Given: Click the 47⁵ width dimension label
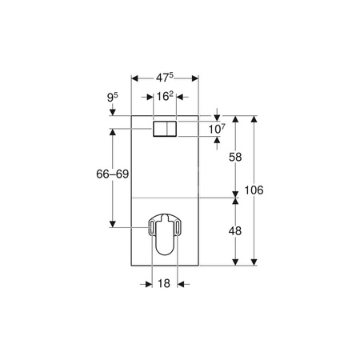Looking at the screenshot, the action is click(x=165, y=77).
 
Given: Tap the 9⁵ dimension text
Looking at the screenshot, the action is click(x=112, y=98).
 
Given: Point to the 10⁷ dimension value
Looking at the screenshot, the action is click(x=217, y=129).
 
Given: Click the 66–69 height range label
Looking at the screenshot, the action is click(x=112, y=174).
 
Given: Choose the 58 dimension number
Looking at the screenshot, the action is click(x=235, y=157).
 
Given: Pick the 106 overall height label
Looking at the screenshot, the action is click(x=254, y=190).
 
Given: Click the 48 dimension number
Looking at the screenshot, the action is click(x=235, y=231).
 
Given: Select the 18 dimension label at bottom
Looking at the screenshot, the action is click(x=164, y=283).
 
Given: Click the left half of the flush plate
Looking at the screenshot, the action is click(x=160, y=129).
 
